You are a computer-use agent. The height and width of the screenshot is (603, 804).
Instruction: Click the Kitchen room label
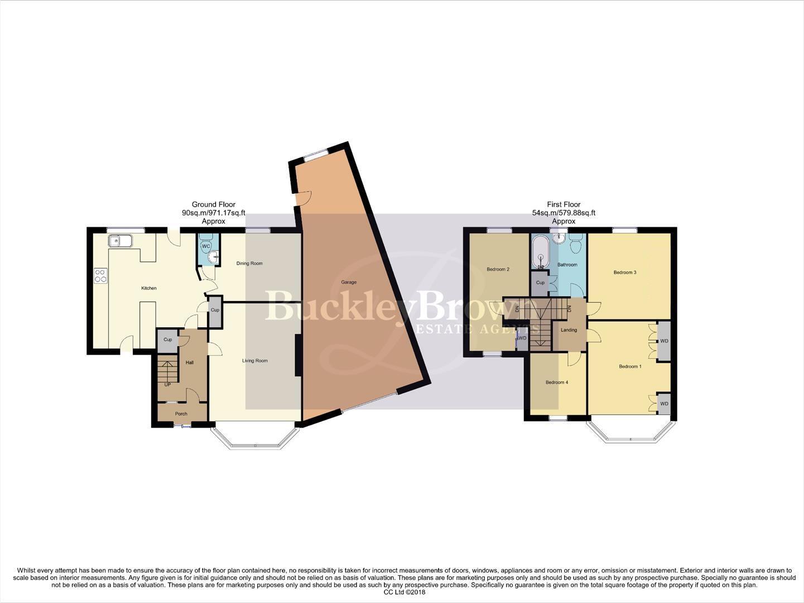pyautogui.click(x=148, y=288)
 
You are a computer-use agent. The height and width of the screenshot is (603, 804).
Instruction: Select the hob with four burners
pyautogui.click(x=101, y=275)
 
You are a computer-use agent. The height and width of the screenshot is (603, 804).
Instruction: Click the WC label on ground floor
pyautogui.click(x=205, y=246)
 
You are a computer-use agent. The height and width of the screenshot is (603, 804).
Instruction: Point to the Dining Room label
pyautogui.click(x=249, y=264)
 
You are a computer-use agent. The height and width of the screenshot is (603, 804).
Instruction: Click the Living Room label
pyautogui.click(x=254, y=361)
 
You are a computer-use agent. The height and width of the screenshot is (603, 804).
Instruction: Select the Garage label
pyautogui.click(x=349, y=283)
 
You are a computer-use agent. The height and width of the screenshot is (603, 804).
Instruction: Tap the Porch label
pyautogui.click(x=181, y=414)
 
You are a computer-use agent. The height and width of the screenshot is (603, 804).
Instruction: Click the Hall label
pyautogui.click(x=190, y=363)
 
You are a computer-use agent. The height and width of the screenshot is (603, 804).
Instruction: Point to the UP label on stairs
pyautogui.click(x=167, y=385)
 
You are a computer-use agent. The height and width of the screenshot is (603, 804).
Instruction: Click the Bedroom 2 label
pyautogui.click(x=498, y=270)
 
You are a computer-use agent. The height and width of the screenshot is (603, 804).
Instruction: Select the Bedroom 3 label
pyautogui.click(x=625, y=272)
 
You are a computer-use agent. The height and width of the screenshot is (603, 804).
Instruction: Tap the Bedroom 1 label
pyautogui.click(x=630, y=367)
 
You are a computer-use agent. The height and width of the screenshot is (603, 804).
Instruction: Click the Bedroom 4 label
pyautogui.click(x=556, y=382)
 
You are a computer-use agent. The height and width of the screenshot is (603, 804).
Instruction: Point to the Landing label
pyautogui.click(x=569, y=330)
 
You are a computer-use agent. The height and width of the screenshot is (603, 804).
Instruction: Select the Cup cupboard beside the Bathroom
pyautogui.click(x=540, y=283)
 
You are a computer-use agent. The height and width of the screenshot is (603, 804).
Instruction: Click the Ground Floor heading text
pyautogui.click(x=213, y=205)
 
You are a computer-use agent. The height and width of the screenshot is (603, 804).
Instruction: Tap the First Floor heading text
pyautogui.click(x=564, y=205)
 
